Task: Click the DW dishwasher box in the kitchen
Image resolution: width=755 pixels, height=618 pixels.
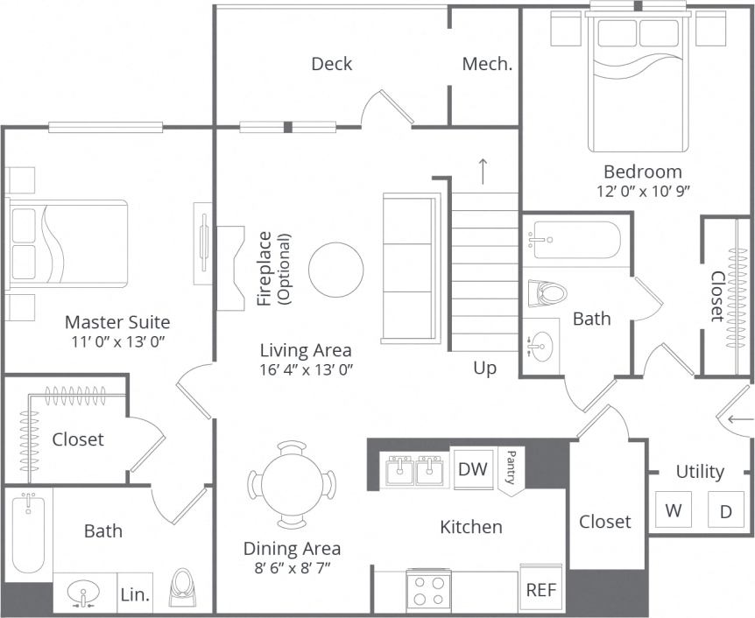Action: pos(473,469)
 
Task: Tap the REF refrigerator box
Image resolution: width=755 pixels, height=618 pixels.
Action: pos(540,590)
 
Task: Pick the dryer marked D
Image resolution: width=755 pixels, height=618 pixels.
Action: pos(725,510)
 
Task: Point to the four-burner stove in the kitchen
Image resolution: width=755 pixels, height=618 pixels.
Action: pos(429,590)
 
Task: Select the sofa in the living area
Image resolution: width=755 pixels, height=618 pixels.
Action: pos(410,269)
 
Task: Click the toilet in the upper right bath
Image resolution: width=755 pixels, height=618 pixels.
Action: pos(547,292)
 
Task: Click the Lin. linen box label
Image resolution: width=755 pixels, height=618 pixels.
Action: pos(135,595)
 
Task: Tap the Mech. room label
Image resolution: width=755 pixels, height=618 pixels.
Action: pos(487,64)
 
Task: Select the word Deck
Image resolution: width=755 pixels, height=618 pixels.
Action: pos(332,64)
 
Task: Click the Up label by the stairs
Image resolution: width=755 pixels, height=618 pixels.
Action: pos(484,368)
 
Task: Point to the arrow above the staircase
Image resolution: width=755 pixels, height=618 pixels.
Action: pos(483,171)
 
